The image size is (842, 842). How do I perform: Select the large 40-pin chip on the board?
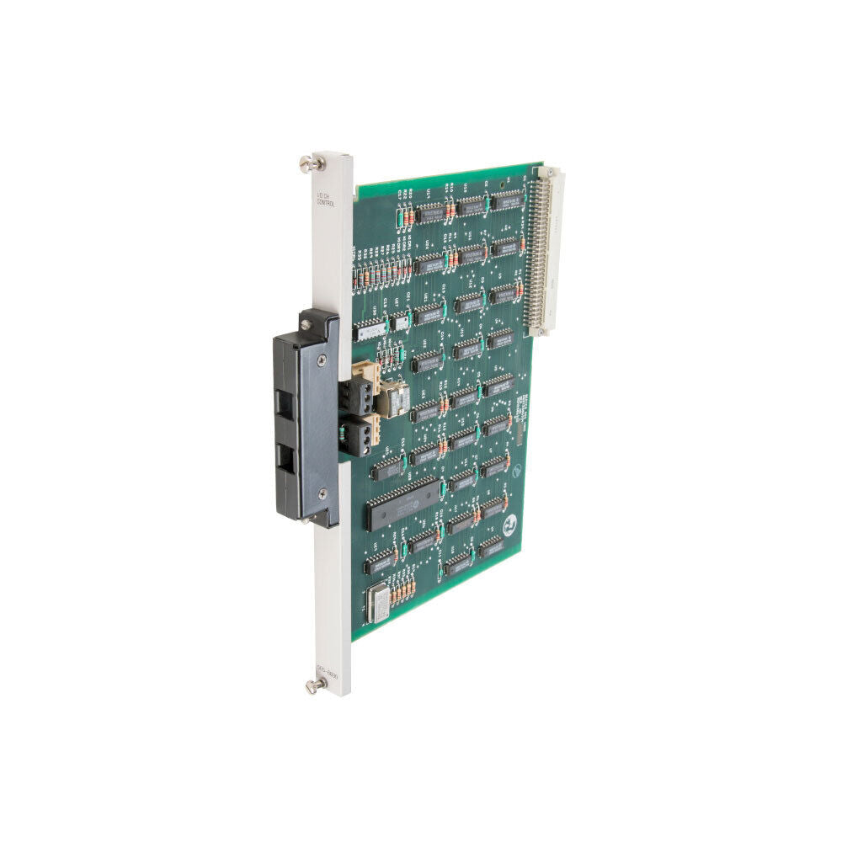(402, 503)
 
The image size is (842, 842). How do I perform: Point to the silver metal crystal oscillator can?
(377, 603)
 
